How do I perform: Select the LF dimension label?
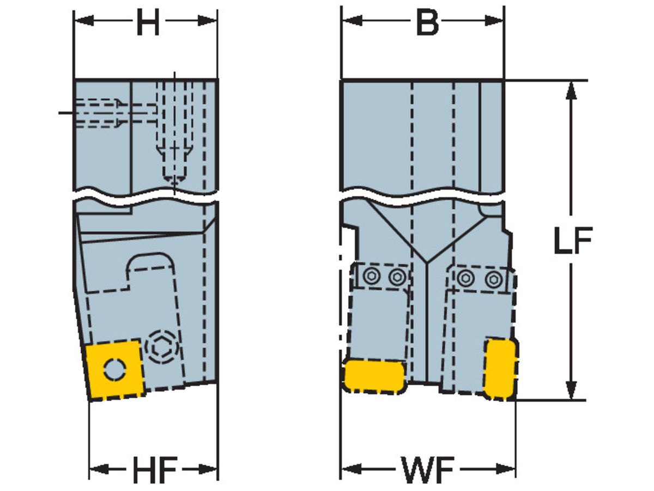coord(572,240)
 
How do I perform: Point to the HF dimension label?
coord(154,469)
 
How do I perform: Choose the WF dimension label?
coord(428,469)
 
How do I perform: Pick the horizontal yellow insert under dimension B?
coord(374,375)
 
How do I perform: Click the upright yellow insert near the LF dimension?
coord(500,368)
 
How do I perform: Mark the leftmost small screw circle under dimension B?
coord(372,277)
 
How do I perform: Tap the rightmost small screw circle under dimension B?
coord(493,278)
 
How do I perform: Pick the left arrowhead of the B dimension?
coord(349,21)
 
